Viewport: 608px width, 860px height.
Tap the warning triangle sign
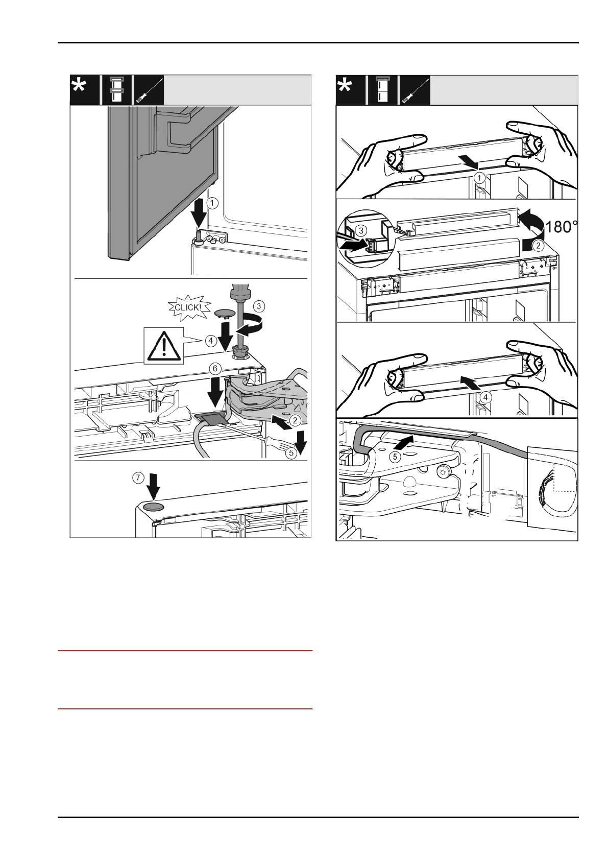click(163, 346)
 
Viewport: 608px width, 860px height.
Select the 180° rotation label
click(561, 227)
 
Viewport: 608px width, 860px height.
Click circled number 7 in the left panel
click(138, 478)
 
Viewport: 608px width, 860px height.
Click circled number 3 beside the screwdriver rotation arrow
click(259, 306)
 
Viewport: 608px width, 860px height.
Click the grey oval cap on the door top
click(153, 507)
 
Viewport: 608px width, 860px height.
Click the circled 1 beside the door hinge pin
click(213, 203)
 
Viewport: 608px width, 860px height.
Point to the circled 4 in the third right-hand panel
click(485, 397)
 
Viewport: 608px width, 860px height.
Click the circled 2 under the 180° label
click(539, 245)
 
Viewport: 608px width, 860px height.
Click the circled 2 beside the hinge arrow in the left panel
click(295, 420)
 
